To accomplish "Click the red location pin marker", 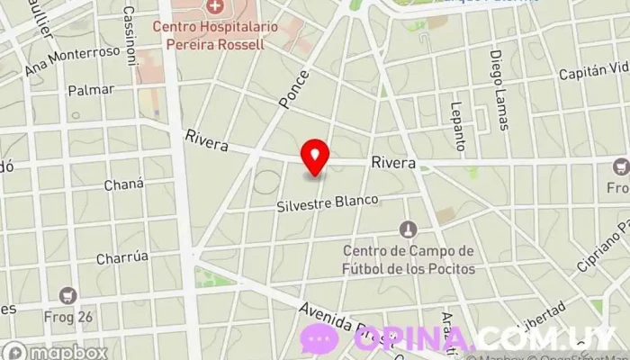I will pyautogui.click(x=315, y=157).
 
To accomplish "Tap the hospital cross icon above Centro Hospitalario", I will pyautogui.click(x=214, y=7).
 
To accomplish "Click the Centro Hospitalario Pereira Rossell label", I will pyautogui.click(x=209, y=35).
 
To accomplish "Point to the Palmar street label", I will pyautogui.click(x=91, y=90).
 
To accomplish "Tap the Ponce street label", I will pyautogui.click(x=295, y=89).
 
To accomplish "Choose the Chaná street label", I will pyautogui.click(x=124, y=184).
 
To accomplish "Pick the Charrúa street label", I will pyautogui.click(x=122, y=256).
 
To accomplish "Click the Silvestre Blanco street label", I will pyautogui.click(x=328, y=203).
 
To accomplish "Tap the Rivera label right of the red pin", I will pyautogui.click(x=392, y=165).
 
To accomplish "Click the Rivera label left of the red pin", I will pyautogui.click(x=206, y=139).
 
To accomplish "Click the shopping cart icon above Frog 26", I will pyautogui.click(x=67, y=294).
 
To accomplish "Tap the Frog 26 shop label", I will pyautogui.click(x=67, y=316).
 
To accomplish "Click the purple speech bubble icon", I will pyautogui.click(x=319, y=338).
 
